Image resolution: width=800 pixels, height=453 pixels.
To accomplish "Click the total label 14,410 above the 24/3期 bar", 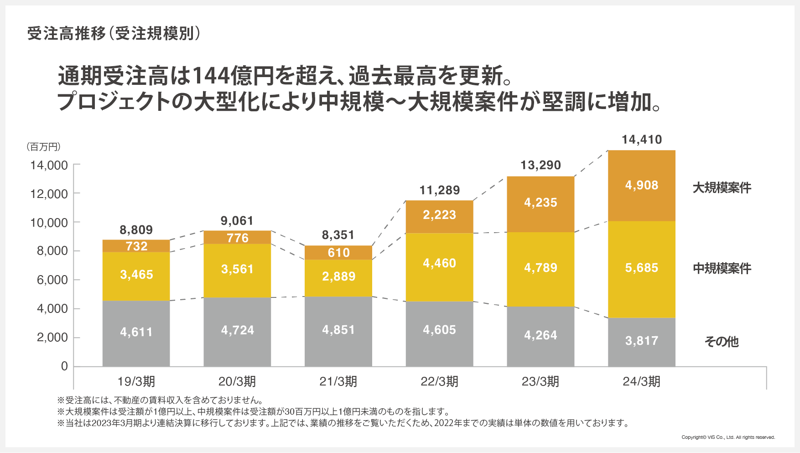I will [x=641, y=140].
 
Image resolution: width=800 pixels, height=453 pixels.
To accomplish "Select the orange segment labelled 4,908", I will [x=641, y=185].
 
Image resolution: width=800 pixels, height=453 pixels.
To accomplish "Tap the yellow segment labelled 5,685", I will [x=641, y=268].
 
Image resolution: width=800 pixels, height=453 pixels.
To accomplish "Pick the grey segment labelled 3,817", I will [x=641, y=341].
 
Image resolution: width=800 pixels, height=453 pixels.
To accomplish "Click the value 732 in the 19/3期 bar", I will [x=136, y=246].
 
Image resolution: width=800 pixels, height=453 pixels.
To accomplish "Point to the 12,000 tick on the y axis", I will [x=49, y=194].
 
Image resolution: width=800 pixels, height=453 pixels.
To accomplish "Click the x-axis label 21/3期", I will [x=338, y=381].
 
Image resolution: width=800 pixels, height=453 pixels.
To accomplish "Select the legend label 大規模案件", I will [x=722, y=187].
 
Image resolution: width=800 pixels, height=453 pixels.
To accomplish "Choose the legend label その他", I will [x=721, y=341].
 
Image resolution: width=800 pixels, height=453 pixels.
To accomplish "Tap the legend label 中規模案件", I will [x=722, y=268].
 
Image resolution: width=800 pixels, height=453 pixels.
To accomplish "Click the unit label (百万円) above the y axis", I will [x=43, y=147].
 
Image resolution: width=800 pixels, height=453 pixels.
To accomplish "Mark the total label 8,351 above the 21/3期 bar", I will [x=338, y=235].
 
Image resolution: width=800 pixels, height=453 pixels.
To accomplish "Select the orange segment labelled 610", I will [x=338, y=253].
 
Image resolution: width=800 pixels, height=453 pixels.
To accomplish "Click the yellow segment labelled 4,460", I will [x=439, y=263].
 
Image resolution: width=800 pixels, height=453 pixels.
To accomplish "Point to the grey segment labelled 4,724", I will [x=237, y=330].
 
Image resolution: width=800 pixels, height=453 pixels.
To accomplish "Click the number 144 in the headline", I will [x=211, y=76].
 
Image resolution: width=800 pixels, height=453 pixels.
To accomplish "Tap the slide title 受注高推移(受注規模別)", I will [x=114, y=34].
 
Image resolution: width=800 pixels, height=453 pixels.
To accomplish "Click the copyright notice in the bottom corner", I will [x=728, y=437].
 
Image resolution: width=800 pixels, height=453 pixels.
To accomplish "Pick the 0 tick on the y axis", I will [x=64, y=366].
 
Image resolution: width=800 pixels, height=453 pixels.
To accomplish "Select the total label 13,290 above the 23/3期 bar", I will [x=540, y=165].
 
